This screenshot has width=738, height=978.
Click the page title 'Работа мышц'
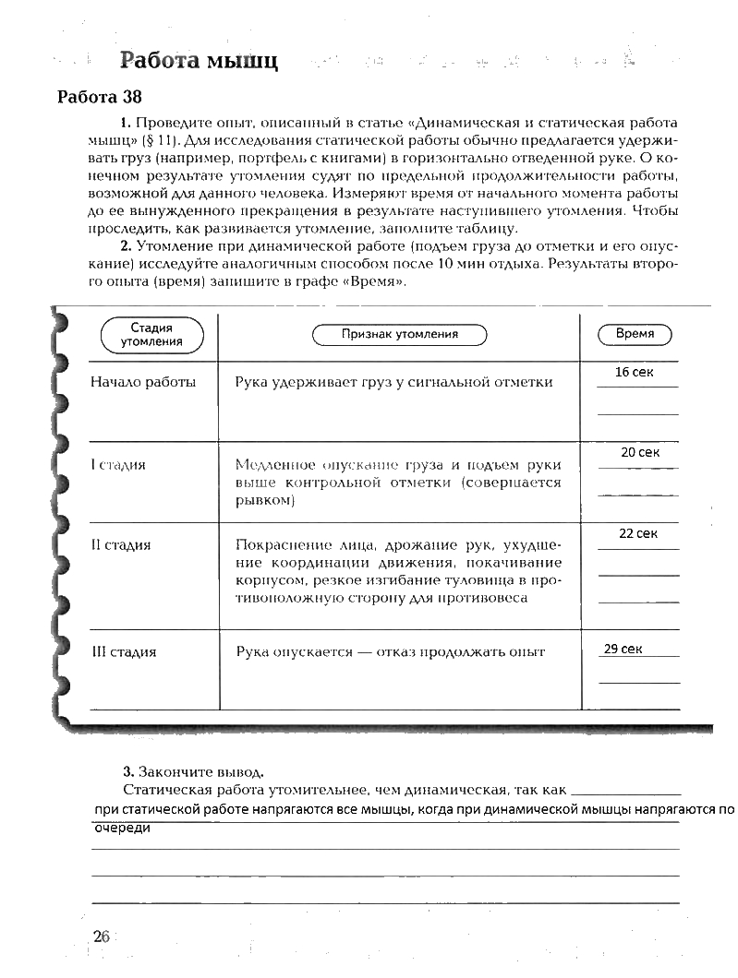pyautogui.click(x=199, y=62)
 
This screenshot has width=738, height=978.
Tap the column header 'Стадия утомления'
pyautogui.click(x=151, y=334)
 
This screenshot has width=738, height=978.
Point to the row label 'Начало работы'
pyautogui.click(x=143, y=381)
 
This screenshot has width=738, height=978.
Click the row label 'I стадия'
pyautogui.click(x=118, y=464)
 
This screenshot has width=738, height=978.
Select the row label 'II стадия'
pyautogui.click(x=121, y=544)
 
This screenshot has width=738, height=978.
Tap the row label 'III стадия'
pyautogui.click(x=124, y=651)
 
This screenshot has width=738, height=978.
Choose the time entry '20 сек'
pyautogui.click(x=640, y=452)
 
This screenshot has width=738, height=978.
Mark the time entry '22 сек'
pyautogui.click(x=638, y=533)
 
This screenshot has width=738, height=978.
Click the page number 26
pyautogui.click(x=101, y=936)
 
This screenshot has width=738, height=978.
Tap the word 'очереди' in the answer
pyautogui.click(x=122, y=828)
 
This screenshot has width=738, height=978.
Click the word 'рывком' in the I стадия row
pyautogui.click(x=264, y=499)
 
